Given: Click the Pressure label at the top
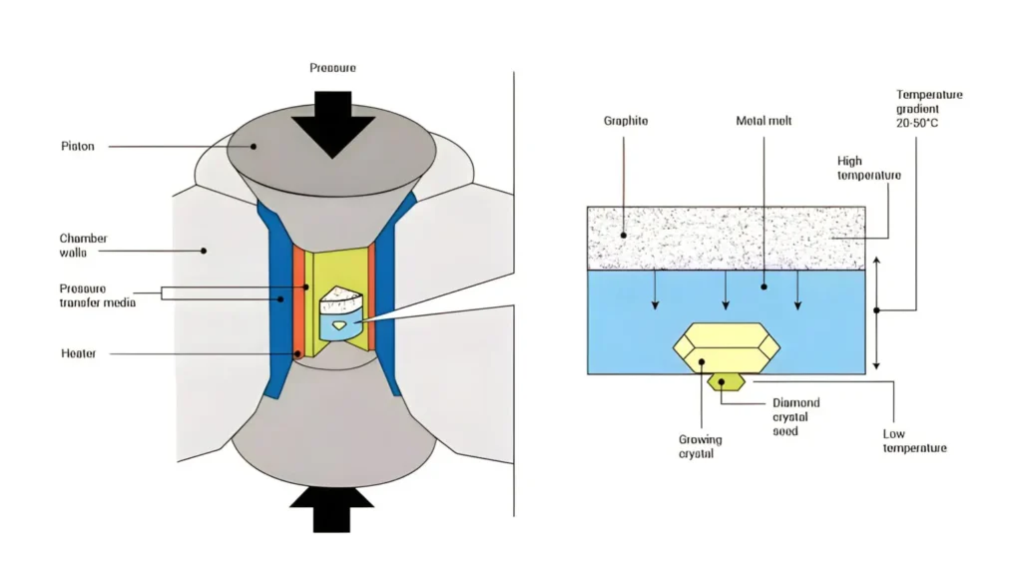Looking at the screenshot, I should point(333,68).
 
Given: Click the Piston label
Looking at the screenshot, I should point(77,147).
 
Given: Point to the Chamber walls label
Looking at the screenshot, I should point(83,246).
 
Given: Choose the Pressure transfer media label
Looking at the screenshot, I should point(96,294).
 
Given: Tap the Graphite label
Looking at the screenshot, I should point(625,121).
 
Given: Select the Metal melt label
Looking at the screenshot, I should point(764,121).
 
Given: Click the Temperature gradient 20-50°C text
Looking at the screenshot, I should point(929,108).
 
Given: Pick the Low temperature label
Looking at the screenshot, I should point(913,441).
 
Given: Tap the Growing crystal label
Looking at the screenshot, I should point(699,446).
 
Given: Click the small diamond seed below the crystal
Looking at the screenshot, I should point(725,380).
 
